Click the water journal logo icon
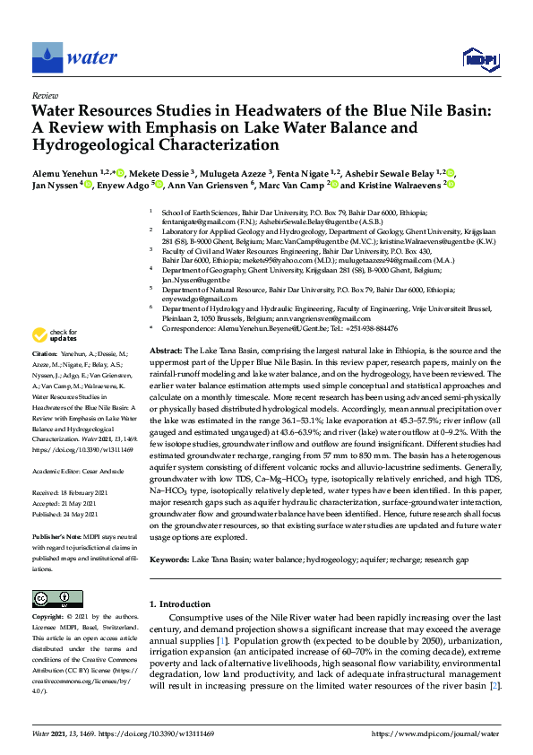[47, 57]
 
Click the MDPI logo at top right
[480, 59]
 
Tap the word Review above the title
[44, 94]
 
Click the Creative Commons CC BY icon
[51, 598]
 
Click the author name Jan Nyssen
[55, 185]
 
